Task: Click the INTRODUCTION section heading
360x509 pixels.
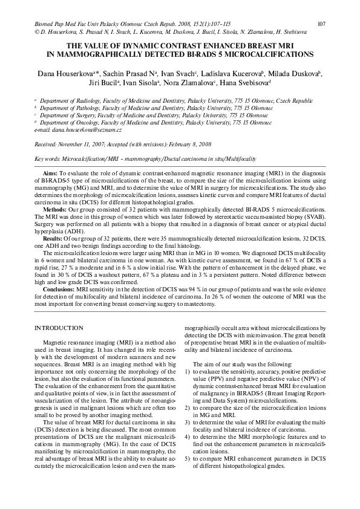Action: coord(59,328)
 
